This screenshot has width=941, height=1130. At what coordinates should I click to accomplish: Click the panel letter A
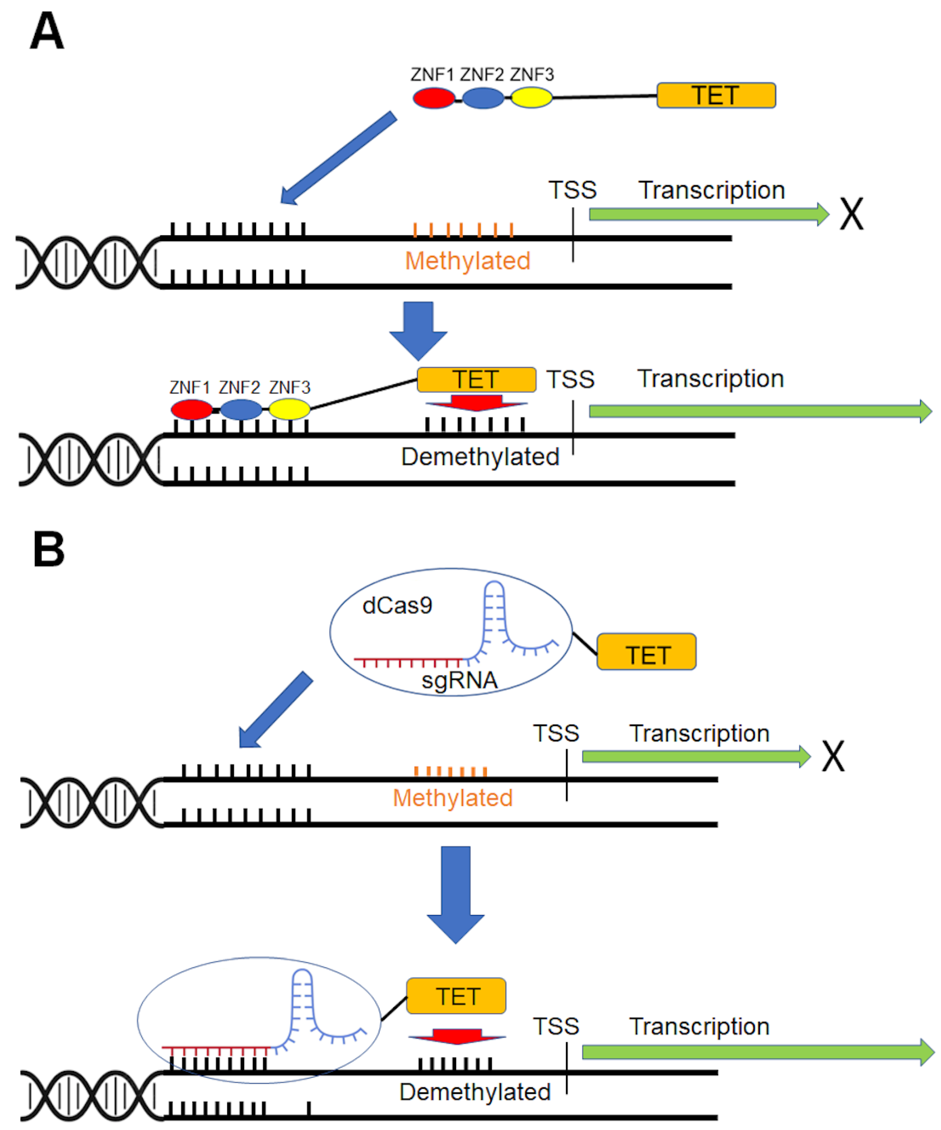click(x=47, y=31)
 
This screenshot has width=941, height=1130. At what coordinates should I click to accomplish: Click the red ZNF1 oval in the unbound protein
click(x=433, y=98)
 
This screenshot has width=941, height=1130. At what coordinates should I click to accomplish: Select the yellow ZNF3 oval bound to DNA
click(x=290, y=409)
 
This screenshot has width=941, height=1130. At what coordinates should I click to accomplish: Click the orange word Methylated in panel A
click(x=467, y=261)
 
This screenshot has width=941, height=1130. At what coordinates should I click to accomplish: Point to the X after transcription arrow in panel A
click(x=851, y=214)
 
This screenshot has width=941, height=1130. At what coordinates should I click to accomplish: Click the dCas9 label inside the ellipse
click(x=397, y=605)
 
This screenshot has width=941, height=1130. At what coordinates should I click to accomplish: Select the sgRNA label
click(x=459, y=680)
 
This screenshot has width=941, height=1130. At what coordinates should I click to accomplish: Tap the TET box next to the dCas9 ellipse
click(x=646, y=652)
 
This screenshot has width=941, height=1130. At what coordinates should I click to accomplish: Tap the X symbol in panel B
click(x=833, y=756)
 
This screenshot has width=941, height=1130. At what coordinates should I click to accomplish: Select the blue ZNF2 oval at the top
click(x=483, y=98)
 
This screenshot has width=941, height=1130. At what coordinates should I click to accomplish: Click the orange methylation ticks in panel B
click(x=450, y=771)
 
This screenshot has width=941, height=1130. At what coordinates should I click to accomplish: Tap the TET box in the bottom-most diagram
click(x=456, y=996)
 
